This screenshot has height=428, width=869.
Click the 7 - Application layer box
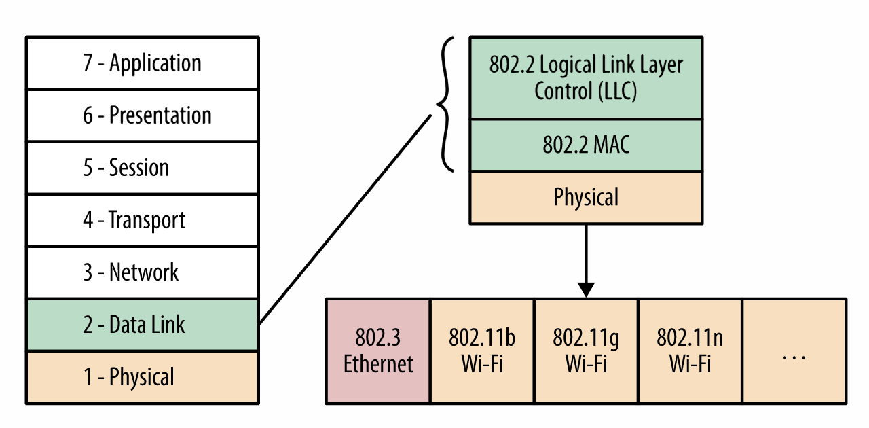(x=142, y=63)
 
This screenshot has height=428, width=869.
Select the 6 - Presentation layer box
(x=142, y=115)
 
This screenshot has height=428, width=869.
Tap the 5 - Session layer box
(x=142, y=168)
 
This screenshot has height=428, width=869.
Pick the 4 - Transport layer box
(x=142, y=220)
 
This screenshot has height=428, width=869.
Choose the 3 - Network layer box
(x=142, y=272)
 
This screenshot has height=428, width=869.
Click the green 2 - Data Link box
(x=142, y=325)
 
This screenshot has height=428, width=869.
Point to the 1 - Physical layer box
(x=142, y=377)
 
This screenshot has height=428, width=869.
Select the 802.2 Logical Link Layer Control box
(x=586, y=77)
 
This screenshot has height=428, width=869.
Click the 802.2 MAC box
(x=586, y=145)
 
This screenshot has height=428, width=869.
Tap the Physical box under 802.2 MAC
(x=586, y=197)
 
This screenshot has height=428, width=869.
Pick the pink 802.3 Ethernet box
(x=378, y=351)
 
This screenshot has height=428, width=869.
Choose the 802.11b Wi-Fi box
(x=482, y=351)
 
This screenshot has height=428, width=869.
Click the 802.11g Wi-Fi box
(x=586, y=351)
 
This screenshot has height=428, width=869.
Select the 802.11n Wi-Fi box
(x=690, y=351)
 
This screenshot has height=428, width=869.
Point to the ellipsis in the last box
(x=794, y=357)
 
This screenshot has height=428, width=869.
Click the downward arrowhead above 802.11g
(x=586, y=289)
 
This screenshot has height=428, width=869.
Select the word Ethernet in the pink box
(x=378, y=363)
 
